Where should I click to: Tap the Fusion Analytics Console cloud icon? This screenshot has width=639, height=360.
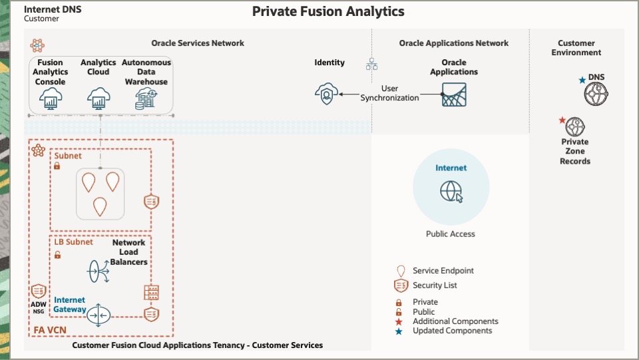51,100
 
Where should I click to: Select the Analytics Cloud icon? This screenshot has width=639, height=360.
99,100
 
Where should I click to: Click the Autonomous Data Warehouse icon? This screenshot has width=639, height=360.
146,100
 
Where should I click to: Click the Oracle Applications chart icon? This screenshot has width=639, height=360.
454,95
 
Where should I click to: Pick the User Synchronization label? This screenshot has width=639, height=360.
390,93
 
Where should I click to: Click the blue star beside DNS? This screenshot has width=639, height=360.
582,80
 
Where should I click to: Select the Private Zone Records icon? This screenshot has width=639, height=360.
574,126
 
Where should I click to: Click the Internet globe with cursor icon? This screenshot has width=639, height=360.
451,192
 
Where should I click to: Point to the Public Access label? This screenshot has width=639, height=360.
451,234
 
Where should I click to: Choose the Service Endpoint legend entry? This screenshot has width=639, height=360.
443,271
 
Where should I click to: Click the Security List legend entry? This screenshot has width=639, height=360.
435,285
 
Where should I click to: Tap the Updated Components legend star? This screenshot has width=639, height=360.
399,331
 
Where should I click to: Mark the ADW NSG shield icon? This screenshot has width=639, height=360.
39,291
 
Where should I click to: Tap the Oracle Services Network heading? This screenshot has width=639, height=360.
198,43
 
